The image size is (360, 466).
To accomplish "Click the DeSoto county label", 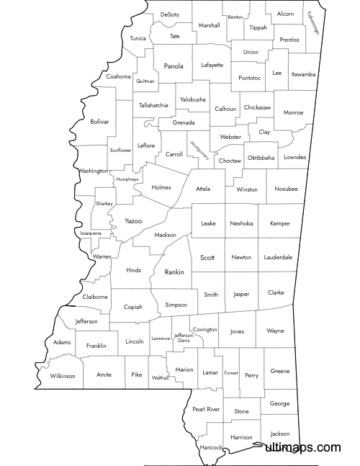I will click(170, 14).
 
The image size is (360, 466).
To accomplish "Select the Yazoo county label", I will click(133, 220).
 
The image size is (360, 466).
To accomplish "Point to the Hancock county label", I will click(212, 447).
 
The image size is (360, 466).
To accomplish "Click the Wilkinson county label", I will click(62, 376).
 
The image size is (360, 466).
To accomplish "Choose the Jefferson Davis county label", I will click(184, 337).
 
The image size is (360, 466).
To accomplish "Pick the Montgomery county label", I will click(199, 149).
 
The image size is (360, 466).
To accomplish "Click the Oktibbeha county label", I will click(261, 157).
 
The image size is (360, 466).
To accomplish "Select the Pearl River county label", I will click(206, 409).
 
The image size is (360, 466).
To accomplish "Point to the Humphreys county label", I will click(127, 179).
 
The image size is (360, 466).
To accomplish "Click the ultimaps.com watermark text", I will click(302, 447).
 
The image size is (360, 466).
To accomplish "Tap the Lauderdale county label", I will click(278, 257).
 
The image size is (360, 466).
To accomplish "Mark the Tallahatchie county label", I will click(153, 105).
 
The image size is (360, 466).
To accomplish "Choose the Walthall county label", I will click(160, 377).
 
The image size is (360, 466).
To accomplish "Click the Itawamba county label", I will click(303, 74).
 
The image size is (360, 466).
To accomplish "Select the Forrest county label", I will click(230, 373).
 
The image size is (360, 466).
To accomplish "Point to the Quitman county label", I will click(145, 81).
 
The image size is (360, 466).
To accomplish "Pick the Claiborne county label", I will click(95, 297).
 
